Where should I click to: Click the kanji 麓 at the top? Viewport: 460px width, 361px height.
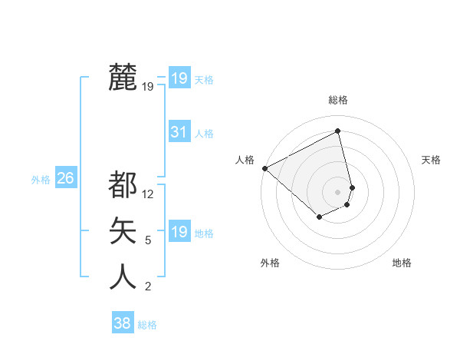click(123, 78)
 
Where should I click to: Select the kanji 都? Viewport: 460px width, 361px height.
click(123, 184)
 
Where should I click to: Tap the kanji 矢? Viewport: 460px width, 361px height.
click(123, 230)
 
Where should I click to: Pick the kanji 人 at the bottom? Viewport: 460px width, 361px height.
click(123, 277)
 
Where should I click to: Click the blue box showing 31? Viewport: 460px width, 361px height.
click(179, 132)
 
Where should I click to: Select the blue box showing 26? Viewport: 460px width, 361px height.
click(65, 178)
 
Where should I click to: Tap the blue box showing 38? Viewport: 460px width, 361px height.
click(122, 323)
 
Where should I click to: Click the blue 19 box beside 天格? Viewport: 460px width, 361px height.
click(179, 78)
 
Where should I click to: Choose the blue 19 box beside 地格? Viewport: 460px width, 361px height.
click(179, 232)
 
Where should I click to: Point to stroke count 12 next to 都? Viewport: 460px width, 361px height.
click(149, 194)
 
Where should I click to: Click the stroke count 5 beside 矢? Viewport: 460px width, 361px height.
click(148, 240)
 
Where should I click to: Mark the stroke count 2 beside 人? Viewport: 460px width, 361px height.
click(148, 286)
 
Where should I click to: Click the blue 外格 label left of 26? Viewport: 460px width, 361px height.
click(41, 180)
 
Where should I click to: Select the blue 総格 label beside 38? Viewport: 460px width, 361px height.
click(147, 325)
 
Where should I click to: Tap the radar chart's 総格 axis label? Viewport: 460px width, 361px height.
click(338, 100)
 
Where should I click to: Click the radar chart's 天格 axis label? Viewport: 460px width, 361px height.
click(431, 160)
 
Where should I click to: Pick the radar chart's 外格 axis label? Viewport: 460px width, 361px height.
click(270, 263)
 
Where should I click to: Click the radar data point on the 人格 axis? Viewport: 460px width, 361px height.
click(264, 167)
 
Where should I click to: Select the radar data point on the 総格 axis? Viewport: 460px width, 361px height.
click(338, 131)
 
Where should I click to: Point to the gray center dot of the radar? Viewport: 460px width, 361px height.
click(338, 191)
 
